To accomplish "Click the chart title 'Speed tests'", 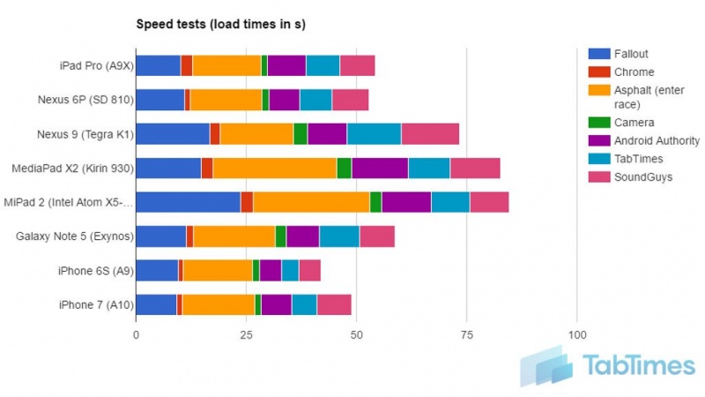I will point(219,24).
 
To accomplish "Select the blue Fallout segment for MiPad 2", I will point(189,202).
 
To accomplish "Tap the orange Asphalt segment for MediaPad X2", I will point(274,168).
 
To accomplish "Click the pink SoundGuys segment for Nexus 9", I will point(430,133).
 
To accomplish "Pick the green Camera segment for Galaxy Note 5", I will point(280,236).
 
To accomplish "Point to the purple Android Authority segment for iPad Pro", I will point(286,65).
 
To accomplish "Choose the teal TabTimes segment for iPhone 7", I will point(304,304).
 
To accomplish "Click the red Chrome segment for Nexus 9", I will point(215,133).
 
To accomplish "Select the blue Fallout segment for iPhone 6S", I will point(157,270).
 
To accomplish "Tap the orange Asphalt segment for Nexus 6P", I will point(226,100).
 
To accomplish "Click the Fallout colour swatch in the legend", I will point(598,54).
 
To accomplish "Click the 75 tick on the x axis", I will point(467,335).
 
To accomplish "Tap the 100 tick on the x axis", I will point(576,335).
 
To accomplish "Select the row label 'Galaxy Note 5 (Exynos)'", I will point(75,236).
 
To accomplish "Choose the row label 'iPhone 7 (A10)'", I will point(95,304).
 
